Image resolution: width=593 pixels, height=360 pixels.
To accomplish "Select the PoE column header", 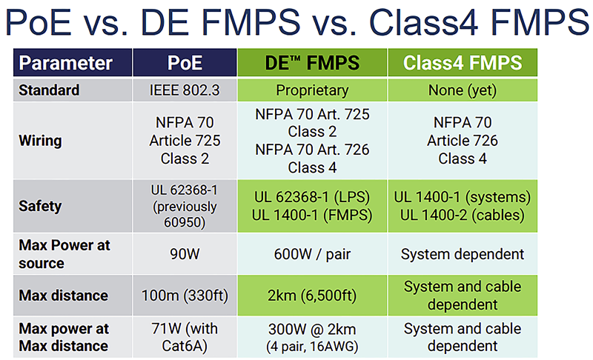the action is (x=185, y=63).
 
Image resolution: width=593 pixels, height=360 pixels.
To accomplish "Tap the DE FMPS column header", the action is (x=312, y=63).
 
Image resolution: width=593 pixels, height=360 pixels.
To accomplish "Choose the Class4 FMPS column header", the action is (x=463, y=63).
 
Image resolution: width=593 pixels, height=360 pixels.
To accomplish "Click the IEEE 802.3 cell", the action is (x=185, y=90).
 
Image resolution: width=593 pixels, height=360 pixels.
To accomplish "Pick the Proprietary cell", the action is (x=312, y=90).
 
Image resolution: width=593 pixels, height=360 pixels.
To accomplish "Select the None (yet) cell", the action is (x=462, y=90).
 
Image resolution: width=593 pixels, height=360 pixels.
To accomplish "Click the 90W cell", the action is (x=185, y=254).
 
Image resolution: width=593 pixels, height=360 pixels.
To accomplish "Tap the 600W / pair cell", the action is (x=312, y=254).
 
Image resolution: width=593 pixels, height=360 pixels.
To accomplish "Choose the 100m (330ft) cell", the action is (x=185, y=296).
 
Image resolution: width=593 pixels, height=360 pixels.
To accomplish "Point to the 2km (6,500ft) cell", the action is (x=312, y=296).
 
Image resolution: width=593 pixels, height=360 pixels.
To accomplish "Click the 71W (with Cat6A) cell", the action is (x=185, y=337).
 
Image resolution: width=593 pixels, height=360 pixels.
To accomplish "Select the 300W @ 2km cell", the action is (x=312, y=338).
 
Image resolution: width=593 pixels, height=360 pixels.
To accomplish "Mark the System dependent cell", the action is (x=462, y=255).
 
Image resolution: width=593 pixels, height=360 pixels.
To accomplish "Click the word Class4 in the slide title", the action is (x=423, y=22).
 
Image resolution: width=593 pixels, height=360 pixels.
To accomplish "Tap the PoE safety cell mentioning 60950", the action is (x=185, y=206).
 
